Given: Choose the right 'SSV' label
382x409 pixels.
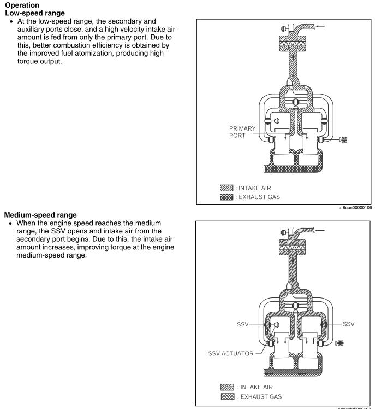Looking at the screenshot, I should coord(346,325).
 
